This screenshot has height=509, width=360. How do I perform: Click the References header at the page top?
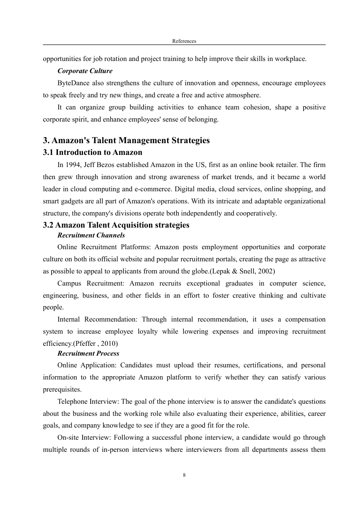pos(184,41)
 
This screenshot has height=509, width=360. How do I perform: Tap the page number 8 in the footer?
pos(184,475)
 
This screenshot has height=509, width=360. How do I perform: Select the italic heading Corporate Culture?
pos(85,71)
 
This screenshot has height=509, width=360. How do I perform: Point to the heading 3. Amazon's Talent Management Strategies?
pos(126,141)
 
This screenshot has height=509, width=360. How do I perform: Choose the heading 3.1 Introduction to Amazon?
pos(92,153)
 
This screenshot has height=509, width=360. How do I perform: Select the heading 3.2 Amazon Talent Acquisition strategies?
pos(116,225)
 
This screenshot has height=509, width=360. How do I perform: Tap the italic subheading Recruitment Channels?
pos(91,235)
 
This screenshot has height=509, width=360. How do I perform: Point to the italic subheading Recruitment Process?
pos(88,353)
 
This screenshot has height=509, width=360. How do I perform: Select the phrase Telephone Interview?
pos(88,401)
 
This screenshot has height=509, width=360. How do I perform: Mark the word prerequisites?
pos(62,389)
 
